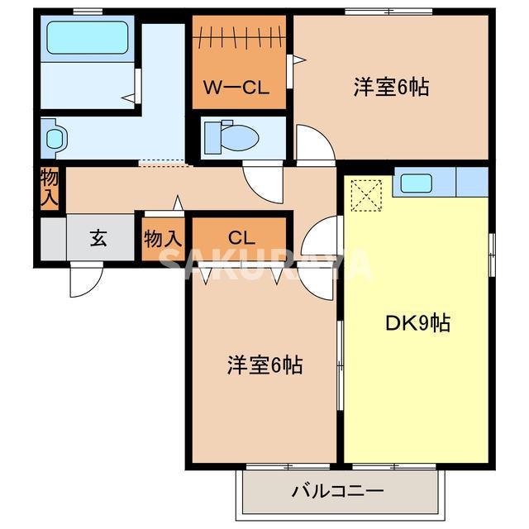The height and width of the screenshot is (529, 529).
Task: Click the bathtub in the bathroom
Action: pos(87,38)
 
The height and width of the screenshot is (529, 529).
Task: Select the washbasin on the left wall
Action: pos(54,136)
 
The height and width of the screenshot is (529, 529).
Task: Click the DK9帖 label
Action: pos(417,322)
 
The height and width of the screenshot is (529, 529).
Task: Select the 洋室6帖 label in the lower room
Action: pos(264,364)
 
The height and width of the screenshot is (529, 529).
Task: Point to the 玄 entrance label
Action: pos(98,239)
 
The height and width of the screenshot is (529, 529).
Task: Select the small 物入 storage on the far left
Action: pos(50,188)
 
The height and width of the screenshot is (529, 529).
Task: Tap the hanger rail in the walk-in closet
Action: pos(240,36)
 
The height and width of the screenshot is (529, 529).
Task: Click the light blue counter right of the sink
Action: pos(472,181)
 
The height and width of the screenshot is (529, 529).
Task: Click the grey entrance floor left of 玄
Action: pos(52,239)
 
